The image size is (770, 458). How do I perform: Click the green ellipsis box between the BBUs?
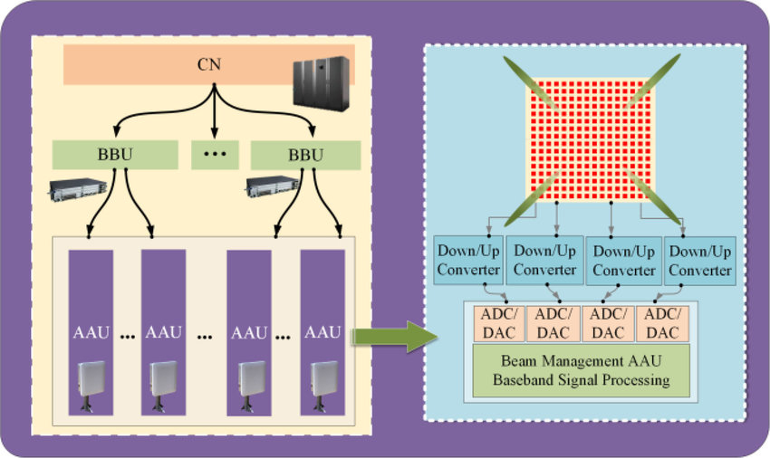point(214,154)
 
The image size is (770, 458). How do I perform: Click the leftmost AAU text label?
point(91,332)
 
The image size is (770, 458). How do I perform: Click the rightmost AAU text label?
point(322,332)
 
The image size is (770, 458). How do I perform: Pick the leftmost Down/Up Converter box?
point(467,260)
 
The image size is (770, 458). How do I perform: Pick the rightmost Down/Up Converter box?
point(697,260)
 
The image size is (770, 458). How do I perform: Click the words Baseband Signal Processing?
point(581,381)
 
